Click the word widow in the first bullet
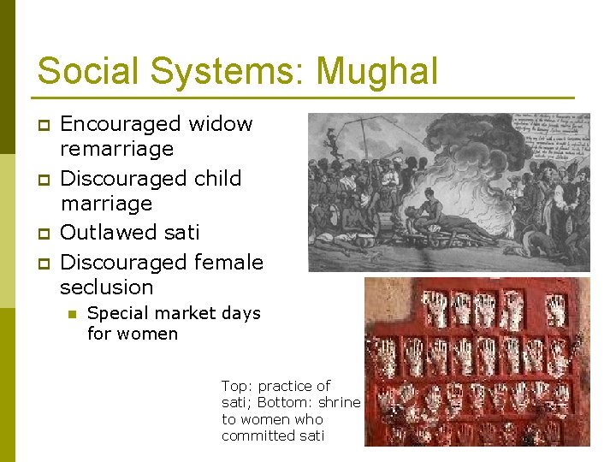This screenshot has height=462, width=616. point(221,124)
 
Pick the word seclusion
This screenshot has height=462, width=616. point(107,287)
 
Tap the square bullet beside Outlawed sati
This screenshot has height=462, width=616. point(42,234)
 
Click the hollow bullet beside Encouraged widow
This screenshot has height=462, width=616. point(42,126)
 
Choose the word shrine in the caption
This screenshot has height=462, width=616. point(340,402)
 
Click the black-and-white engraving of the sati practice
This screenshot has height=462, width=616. point(448,192)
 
